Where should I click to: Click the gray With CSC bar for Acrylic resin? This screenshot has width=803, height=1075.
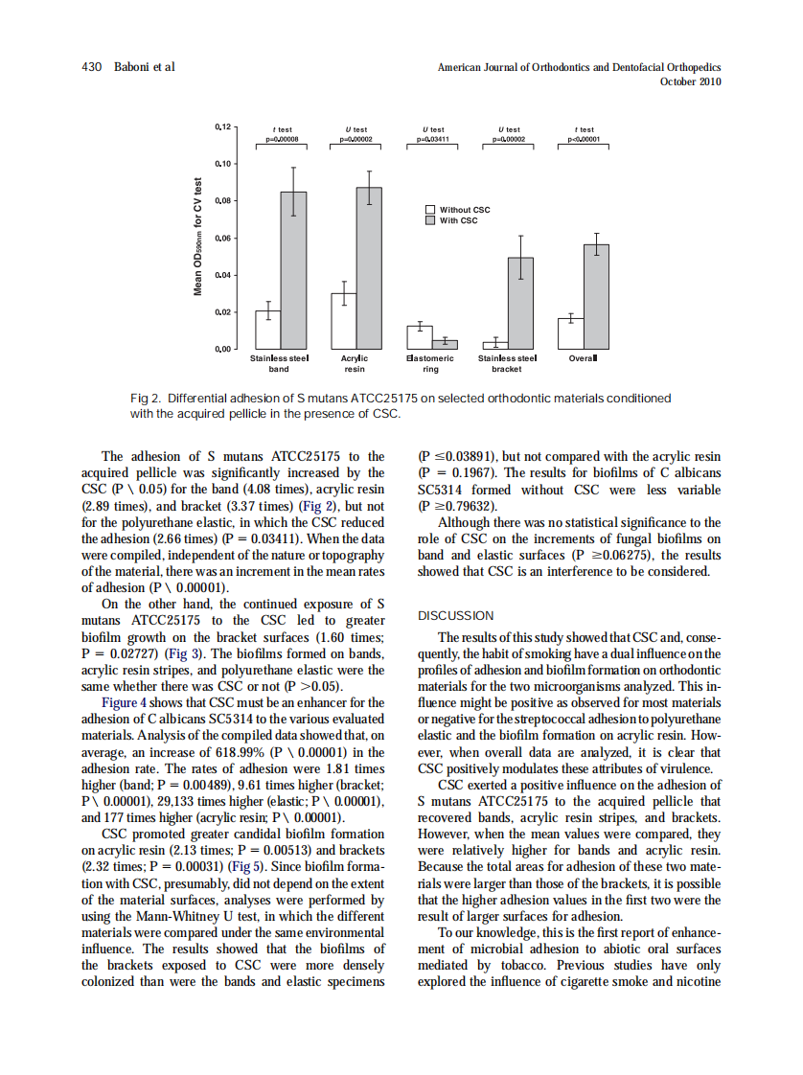[x=369, y=268]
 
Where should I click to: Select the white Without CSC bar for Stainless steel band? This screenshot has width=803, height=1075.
[x=267, y=329]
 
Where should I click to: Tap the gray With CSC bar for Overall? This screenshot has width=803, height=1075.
[x=596, y=296]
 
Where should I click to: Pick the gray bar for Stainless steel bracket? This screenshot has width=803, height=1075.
[x=520, y=303]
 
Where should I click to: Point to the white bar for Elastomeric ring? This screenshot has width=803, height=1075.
[x=420, y=336]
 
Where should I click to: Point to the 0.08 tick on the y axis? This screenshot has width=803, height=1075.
[x=234, y=200]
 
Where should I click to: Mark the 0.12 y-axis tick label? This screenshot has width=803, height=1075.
[x=221, y=126]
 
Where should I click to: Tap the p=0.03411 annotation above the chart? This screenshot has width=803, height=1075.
[x=436, y=139]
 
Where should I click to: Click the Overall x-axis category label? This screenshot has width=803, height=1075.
[x=584, y=357]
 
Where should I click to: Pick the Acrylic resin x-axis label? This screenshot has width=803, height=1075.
[x=355, y=362]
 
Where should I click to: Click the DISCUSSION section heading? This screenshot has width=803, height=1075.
[x=456, y=616]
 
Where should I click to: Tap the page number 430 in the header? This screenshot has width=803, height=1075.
[x=91, y=67]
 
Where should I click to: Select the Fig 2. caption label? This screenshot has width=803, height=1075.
[x=147, y=398]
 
